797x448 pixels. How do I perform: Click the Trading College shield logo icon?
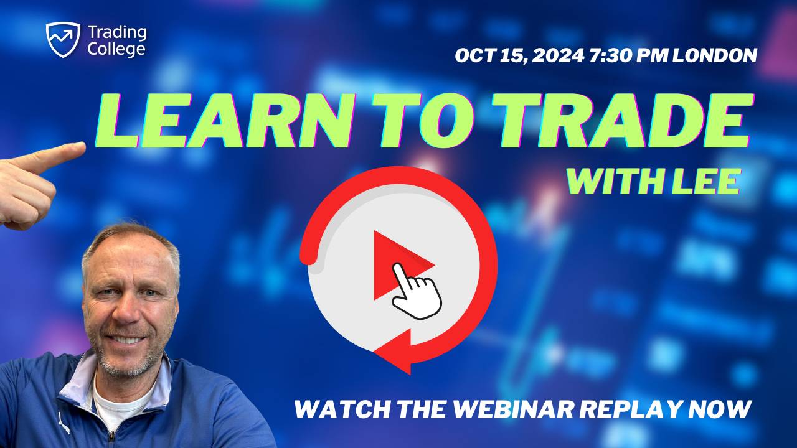tap(63, 39)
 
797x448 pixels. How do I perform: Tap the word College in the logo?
tap(117, 49)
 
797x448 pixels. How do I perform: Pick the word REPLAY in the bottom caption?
tap(630, 409)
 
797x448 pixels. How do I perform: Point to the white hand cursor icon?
tap(416, 292)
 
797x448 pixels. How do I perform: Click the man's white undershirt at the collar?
tap(118, 398)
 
